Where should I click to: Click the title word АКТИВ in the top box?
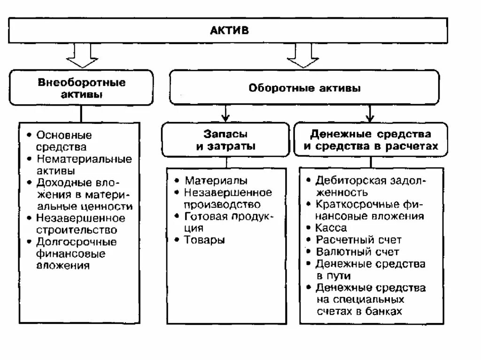coord(229,31)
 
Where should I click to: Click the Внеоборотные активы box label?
coord(82,88)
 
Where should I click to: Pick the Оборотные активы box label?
coord(304,88)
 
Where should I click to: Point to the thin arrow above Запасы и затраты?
coord(226,113)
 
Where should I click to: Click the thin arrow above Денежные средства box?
coord(370,113)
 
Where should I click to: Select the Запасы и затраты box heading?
coord(225,140)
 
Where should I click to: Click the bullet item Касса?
coord(331,228)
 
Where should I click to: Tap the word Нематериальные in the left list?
coord(85,159)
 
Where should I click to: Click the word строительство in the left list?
coord(77,230)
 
